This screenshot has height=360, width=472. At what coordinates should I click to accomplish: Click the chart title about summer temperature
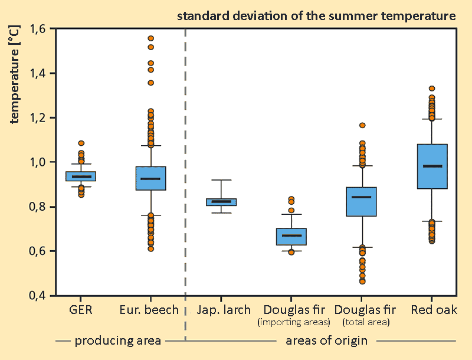(x=316, y=16)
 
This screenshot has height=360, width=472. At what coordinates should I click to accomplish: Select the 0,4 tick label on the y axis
(x=40, y=296)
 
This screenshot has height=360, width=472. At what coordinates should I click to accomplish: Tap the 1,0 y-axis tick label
(x=40, y=162)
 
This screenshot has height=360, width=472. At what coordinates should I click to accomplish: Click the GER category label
(x=80, y=310)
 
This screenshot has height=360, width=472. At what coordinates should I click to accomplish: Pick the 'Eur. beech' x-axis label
(x=149, y=310)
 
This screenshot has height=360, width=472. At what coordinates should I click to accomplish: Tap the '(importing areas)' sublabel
(x=293, y=322)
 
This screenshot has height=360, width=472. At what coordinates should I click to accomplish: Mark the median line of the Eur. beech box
(x=150, y=178)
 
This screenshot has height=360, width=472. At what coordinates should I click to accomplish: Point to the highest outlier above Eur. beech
(x=151, y=38)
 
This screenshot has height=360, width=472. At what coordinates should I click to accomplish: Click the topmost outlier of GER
(x=81, y=143)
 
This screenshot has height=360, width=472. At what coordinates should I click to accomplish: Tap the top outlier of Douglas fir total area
(x=362, y=125)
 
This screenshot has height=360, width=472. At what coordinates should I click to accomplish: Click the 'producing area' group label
(x=118, y=341)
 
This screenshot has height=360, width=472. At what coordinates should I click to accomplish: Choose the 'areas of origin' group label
(x=326, y=341)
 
